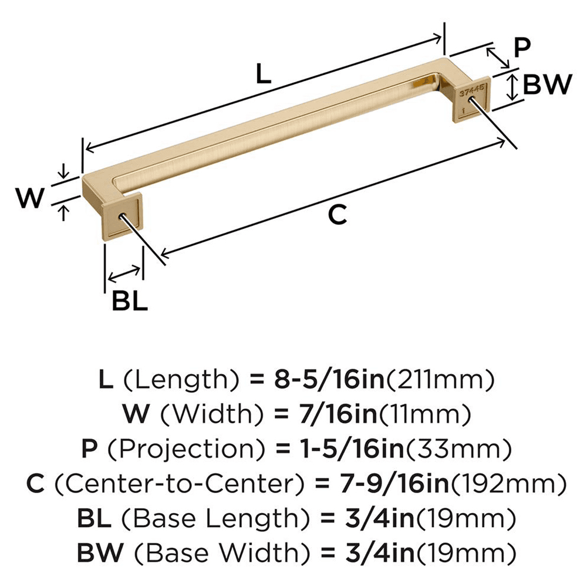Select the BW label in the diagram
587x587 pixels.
(546, 86)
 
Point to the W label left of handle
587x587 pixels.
(29, 199)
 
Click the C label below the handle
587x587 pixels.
(336, 215)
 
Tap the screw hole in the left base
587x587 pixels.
(122, 215)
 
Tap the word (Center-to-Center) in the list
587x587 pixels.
(181, 484)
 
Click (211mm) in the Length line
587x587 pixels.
(437, 380)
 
